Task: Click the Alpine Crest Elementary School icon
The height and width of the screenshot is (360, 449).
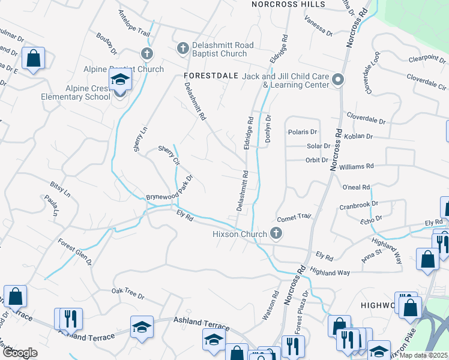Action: click(x=120, y=80)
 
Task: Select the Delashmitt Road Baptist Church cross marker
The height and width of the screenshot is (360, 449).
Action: click(x=182, y=47)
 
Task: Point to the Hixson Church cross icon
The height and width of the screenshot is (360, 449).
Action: click(x=276, y=233)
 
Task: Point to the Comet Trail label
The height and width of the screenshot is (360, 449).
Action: click(x=295, y=217)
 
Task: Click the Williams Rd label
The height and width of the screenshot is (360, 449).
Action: click(x=357, y=166)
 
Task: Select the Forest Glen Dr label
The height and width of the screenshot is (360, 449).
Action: click(x=75, y=253)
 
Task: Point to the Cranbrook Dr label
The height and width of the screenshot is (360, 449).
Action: click(x=358, y=205)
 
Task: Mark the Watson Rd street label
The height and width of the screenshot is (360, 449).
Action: click(x=271, y=305)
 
